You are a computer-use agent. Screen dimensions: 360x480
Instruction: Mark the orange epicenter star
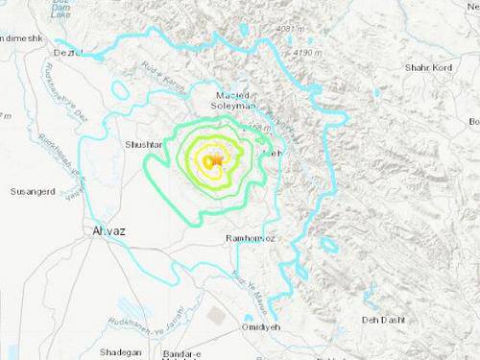pyautogui.click(x=218, y=158)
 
